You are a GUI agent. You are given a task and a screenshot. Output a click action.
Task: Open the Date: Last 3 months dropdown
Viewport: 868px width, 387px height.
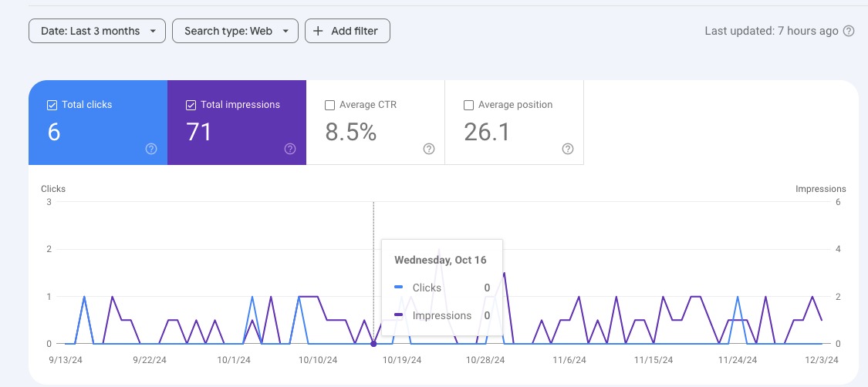(96, 31)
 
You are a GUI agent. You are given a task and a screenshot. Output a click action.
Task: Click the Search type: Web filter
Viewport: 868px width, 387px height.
(235, 31)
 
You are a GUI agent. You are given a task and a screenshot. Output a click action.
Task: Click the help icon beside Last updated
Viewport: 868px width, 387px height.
(849, 31)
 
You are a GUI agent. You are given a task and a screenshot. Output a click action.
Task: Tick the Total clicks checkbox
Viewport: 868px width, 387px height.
(52, 105)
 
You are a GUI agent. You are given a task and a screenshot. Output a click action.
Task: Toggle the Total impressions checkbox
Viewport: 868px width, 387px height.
(191, 105)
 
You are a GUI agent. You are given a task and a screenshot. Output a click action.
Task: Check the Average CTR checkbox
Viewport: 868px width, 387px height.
(330, 105)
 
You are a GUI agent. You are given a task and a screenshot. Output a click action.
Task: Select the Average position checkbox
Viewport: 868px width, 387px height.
(468, 105)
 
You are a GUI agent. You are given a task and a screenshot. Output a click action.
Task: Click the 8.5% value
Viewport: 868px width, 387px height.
(351, 133)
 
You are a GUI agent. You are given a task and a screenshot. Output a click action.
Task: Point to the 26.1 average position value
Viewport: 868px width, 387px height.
(487, 133)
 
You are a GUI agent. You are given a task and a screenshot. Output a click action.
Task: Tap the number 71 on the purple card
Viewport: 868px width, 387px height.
(199, 133)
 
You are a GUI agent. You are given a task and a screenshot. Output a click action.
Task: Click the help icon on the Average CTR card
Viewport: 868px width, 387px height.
(429, 149)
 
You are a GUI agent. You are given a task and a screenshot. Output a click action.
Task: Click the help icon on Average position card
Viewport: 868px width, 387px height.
(568, 149)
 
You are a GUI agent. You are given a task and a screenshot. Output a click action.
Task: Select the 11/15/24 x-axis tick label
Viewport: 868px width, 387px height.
(654, 360)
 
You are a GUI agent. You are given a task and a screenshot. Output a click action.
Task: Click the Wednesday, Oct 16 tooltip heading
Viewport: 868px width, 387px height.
(441, 260)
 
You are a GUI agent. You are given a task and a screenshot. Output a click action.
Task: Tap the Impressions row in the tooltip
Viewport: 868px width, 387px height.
(441, 315)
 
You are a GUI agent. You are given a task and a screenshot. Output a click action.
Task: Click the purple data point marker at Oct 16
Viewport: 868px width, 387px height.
(373, 344)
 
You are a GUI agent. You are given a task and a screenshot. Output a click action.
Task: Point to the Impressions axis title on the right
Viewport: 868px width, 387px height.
(820, 189)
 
